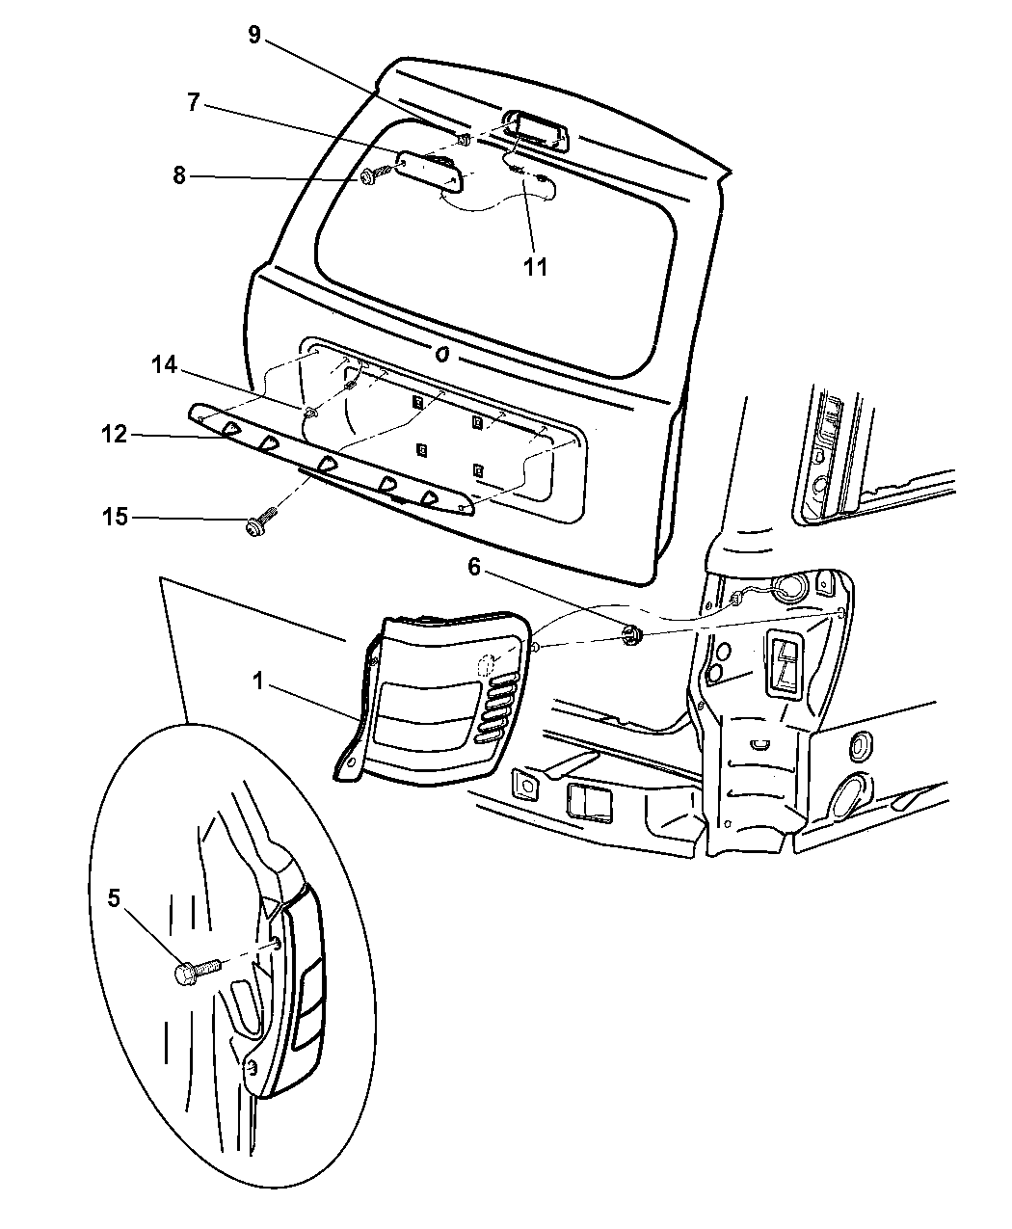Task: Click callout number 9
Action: [253, 36]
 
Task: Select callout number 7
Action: [193, 102]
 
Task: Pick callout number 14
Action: [165, 364]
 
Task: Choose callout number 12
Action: [114, 435]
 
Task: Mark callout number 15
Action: [115, 519]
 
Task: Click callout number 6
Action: [474, 569]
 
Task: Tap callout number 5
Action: [114, 899]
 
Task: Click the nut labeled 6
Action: [632, 634]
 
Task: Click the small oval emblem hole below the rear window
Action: [442, 353]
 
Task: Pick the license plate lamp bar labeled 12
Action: [328, 461]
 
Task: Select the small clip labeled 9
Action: [464, 141]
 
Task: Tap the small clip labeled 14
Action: [310, 413]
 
